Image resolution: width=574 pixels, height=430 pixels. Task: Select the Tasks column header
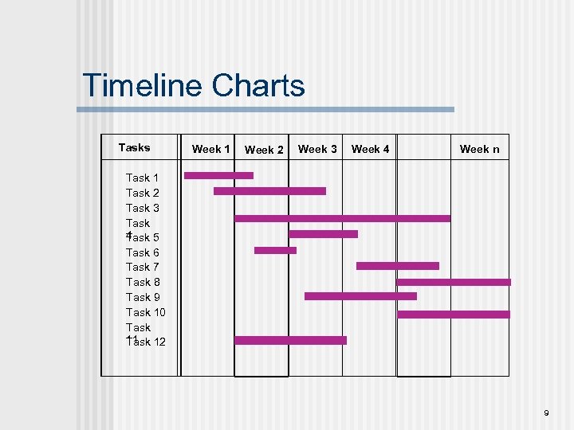(x=134, y=147)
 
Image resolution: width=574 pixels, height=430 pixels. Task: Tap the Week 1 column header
(x=211, y=149)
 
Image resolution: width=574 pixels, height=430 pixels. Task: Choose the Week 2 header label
(x=264, y=150)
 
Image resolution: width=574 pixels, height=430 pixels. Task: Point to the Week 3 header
(x=317, y=149)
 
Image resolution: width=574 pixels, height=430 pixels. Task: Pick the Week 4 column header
(x=371, y=149)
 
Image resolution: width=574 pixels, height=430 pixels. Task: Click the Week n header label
(x=480, y=149)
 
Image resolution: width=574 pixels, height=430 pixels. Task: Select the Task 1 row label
(x=143, y=178)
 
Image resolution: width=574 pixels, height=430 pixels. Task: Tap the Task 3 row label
(x=143, y=208)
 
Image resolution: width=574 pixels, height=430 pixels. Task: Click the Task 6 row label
(x=143, y=252)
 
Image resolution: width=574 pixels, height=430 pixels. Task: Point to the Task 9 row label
(x=143, y=297)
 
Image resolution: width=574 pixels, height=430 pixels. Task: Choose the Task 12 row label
(x=146, y=342)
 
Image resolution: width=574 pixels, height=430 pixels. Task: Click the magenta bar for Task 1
(x=218, y=175)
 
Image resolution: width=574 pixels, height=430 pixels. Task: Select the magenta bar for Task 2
(x=269, y=191)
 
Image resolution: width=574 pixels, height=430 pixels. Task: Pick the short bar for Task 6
(x=275, y=250)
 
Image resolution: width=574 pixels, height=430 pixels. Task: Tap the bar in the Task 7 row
(x=397, y=266)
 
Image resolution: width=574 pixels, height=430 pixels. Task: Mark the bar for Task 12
(x=290, y=340)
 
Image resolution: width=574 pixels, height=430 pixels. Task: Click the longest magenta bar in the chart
(x=342, y=218)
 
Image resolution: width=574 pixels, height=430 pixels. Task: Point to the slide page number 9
(x=546, y=412)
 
